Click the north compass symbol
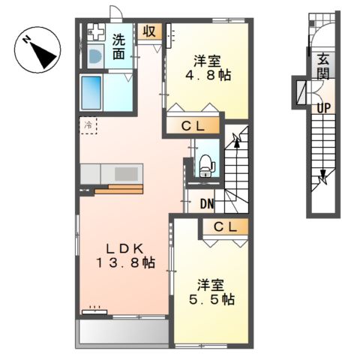click(37, 49)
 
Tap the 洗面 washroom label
click(118, 46)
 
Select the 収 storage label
click(149, 31)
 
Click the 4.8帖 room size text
click(208, 75)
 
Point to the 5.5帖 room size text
click(211, 299)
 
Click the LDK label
click(124, 249)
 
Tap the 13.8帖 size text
click(126, 263)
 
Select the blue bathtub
click(91, 93)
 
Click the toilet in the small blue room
click(207, 166)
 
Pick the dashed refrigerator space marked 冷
click(88, 125)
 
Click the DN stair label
click(207, 204)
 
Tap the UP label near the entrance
click(323, 108)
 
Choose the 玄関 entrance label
click(323, 66)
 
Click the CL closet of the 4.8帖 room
click(193, 126)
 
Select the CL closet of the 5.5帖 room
click(225, 227)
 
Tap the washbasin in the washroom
click(95, 56)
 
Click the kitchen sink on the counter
click(126, 174)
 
